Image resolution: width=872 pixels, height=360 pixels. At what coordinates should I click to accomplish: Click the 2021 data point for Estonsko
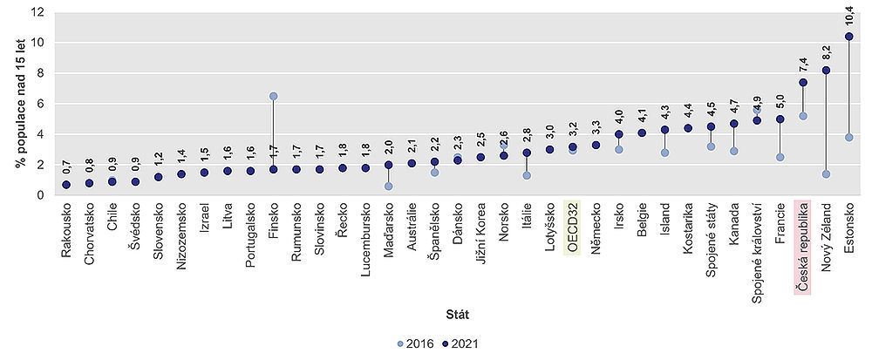848,37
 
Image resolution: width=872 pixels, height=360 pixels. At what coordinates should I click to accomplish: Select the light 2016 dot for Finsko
273,96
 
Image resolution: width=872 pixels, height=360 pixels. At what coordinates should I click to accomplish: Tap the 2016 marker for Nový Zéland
826,174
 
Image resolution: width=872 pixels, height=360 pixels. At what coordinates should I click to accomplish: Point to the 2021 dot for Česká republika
803,83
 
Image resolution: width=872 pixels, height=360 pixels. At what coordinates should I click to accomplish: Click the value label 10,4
849,16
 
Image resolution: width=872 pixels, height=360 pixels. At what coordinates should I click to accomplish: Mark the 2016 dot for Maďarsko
388,187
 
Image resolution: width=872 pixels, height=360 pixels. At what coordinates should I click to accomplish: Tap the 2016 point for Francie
780,157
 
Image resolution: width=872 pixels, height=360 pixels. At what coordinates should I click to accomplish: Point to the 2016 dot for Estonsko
848,138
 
